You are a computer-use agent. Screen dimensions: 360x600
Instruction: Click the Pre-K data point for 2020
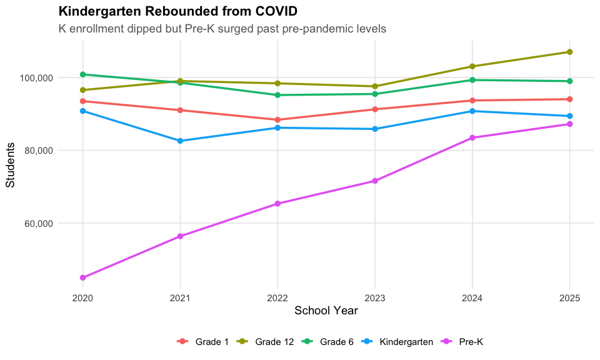(82, 277)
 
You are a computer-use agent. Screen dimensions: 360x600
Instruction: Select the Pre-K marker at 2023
(375, 181)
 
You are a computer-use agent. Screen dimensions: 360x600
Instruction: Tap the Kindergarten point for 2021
(180, 141)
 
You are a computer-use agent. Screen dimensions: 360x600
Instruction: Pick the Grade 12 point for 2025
(569, 52)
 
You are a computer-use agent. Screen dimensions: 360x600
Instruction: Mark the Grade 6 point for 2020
(82, 74)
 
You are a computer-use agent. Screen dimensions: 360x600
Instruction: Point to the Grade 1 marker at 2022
(277, 120)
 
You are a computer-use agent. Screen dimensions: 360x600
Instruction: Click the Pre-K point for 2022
(277, 204)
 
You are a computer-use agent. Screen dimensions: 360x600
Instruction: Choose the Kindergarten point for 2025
(569, 116)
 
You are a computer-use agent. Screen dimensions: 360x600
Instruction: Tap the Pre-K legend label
(471, 342)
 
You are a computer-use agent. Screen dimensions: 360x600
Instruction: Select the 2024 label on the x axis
(472, 298)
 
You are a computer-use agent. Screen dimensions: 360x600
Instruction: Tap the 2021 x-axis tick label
(180, 298)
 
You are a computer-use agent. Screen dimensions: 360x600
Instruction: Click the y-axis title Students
(11, 165)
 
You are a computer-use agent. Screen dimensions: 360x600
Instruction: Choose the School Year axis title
(326, 311)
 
